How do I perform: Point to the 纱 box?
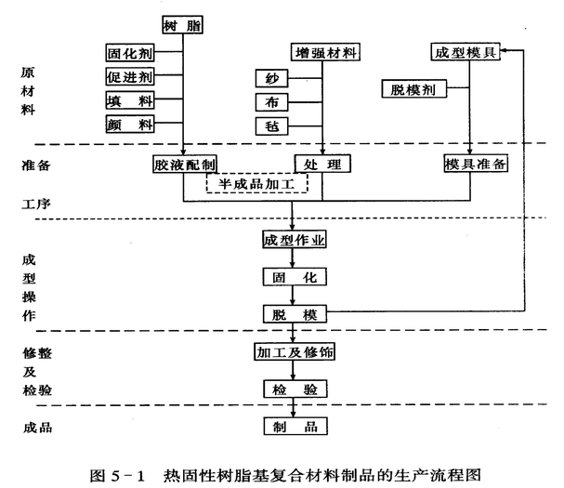coord(271,78)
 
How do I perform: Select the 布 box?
coord(271,101)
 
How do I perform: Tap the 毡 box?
coord(271,125)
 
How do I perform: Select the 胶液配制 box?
coord(186,165)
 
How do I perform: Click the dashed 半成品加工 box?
coord(262,183)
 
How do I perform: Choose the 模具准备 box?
coord(475,165)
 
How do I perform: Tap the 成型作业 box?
coord(294,242)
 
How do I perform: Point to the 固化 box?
coord(294,277)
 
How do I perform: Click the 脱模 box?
coord(294,313)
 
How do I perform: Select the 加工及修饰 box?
coord(294,352)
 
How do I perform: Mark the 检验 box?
coord(294,389)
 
